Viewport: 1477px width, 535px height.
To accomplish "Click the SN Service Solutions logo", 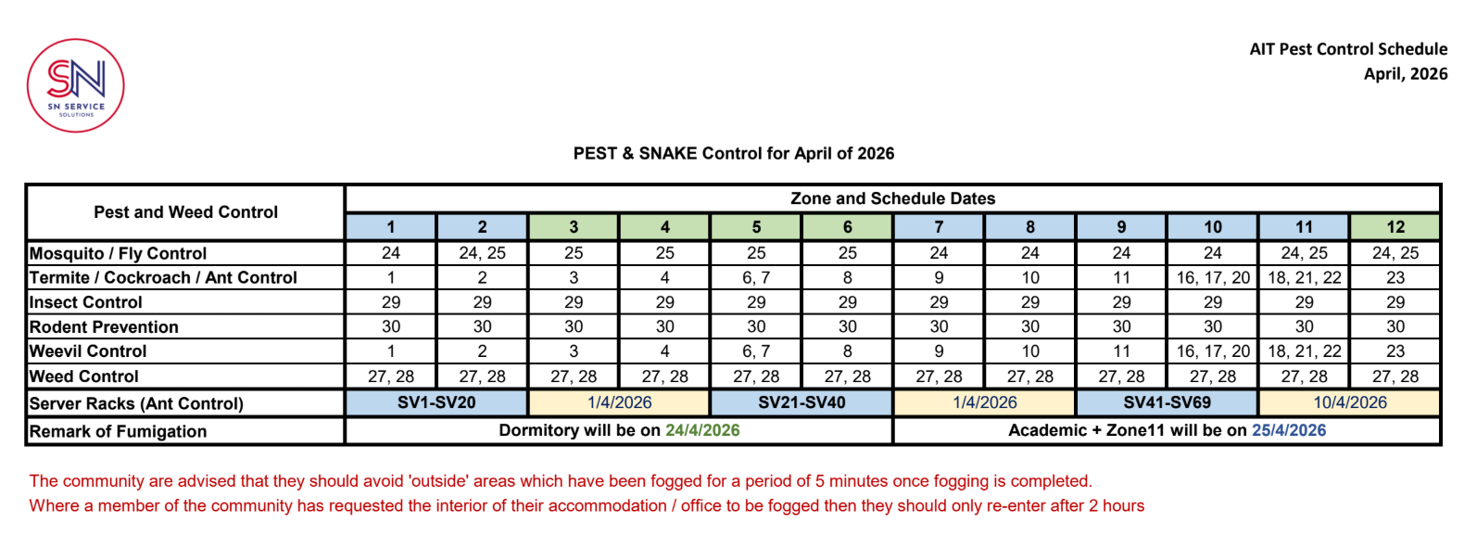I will coord(76,85).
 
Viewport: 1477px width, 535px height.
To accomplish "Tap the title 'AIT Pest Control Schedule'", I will coord(1347,49).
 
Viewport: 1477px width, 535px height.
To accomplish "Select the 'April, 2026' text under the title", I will coord(1405,74).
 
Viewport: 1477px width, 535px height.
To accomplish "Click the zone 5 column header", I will coord(756,227).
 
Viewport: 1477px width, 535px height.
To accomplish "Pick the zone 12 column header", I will coord(1395,227).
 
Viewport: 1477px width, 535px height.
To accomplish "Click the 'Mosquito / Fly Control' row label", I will coord(119,253).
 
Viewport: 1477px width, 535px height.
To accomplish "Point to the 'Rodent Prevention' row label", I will coord(104,326).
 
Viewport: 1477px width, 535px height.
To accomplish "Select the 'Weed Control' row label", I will coord(84,376).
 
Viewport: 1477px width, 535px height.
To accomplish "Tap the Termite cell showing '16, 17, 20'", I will coord(1213,277).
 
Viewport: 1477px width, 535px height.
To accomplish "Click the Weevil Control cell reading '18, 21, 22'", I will coord(1304,351).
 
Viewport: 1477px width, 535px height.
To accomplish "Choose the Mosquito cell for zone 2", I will coord(482,253).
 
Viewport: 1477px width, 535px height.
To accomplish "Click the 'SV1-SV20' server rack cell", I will coord(436,402).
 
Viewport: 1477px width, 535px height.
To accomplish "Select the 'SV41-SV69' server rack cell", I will coord(1167,402).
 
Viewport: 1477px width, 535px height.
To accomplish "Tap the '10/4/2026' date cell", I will coord(1349,402).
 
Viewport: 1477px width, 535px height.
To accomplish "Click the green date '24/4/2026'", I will coord(702,430).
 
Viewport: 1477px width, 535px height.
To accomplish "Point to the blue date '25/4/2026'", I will coord(1288,430).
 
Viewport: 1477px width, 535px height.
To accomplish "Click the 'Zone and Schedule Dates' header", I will coord(892,198).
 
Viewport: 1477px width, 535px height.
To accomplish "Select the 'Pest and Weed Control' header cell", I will coord(185,212).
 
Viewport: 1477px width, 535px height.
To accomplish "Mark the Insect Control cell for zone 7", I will coord(939,302).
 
